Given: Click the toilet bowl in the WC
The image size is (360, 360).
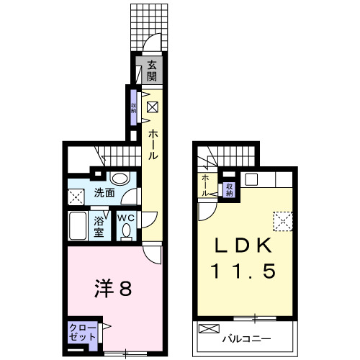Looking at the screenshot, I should tap(127, 232).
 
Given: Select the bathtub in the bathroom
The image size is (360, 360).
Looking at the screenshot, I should tap(78, 229).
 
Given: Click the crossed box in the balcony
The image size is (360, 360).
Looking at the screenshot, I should tap(208, 329).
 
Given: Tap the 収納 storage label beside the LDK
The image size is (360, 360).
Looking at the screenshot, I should tap(230, 188).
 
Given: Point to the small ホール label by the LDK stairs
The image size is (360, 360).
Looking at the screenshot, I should tap(206, 184).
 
